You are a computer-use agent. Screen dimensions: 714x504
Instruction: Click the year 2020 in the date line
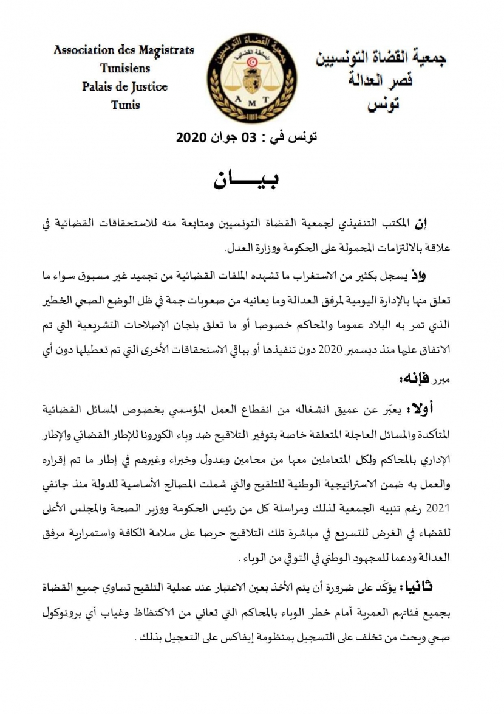click(192, 137)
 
